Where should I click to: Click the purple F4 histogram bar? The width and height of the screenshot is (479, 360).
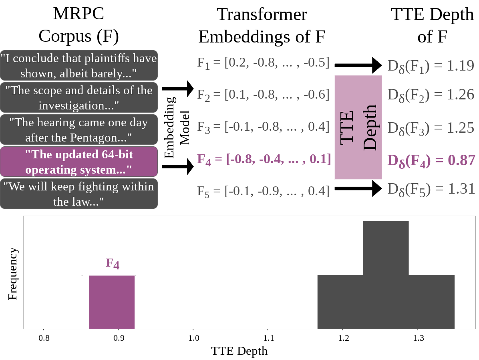112,302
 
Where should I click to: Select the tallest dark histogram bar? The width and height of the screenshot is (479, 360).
386,275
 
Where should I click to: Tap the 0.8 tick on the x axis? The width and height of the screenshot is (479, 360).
44,338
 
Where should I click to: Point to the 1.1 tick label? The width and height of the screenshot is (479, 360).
268,338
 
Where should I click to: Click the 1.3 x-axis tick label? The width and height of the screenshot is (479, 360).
418,338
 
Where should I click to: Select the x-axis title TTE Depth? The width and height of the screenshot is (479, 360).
239,351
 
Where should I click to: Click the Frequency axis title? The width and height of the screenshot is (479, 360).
13,274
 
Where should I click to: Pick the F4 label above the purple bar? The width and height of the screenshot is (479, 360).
113,263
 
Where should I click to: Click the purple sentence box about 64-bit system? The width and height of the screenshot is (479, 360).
79,162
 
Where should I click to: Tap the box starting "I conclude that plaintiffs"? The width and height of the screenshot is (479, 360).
79,65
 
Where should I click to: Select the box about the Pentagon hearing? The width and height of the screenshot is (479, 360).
79,129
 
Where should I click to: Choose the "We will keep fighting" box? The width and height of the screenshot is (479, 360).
79,194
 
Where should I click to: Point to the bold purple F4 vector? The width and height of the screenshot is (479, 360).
264,159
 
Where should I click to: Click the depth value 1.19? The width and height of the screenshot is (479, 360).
431,65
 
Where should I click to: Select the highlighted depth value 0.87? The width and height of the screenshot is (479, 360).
431,160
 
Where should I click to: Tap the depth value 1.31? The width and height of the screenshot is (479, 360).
431,188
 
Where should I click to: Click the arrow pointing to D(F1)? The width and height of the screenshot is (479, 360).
358,65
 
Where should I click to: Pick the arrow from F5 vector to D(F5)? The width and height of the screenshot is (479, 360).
358,188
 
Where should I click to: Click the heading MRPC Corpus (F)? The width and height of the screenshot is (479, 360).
79,25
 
